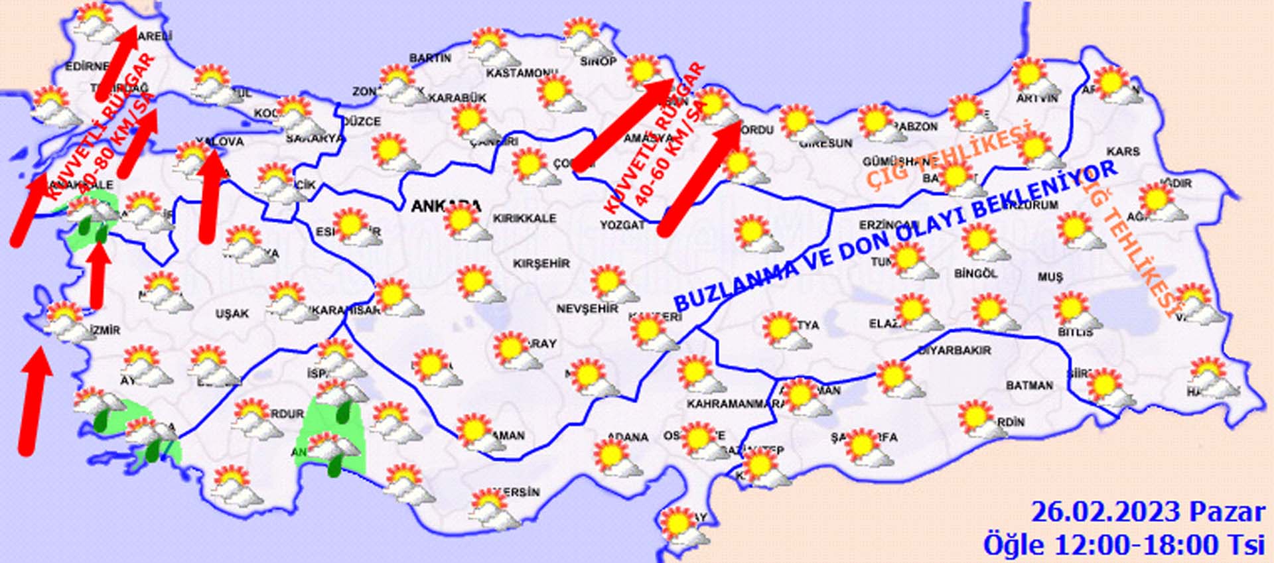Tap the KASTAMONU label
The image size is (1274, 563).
[x=521, y=73]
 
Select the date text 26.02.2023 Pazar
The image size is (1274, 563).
[x=1148, y=513]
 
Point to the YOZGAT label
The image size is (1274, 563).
[x=622, y=225]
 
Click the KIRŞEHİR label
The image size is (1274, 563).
[x=541, y=264]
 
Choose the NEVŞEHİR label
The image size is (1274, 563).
[x=587, y=309]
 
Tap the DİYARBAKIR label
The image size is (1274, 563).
[x=954, y=350]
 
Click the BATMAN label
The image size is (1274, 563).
[x=1029, y=385]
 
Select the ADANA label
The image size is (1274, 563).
[x=628, y=438]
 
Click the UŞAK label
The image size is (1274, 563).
[x=232, y=314]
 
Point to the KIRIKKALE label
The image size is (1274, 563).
[x=524, y=218]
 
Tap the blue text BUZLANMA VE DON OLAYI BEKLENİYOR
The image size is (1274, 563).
[x=896, y=236]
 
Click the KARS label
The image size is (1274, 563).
[x=1123, y=152]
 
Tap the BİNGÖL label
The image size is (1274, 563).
[x=975, y=273]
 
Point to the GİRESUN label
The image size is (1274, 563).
[x=825, y=143]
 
